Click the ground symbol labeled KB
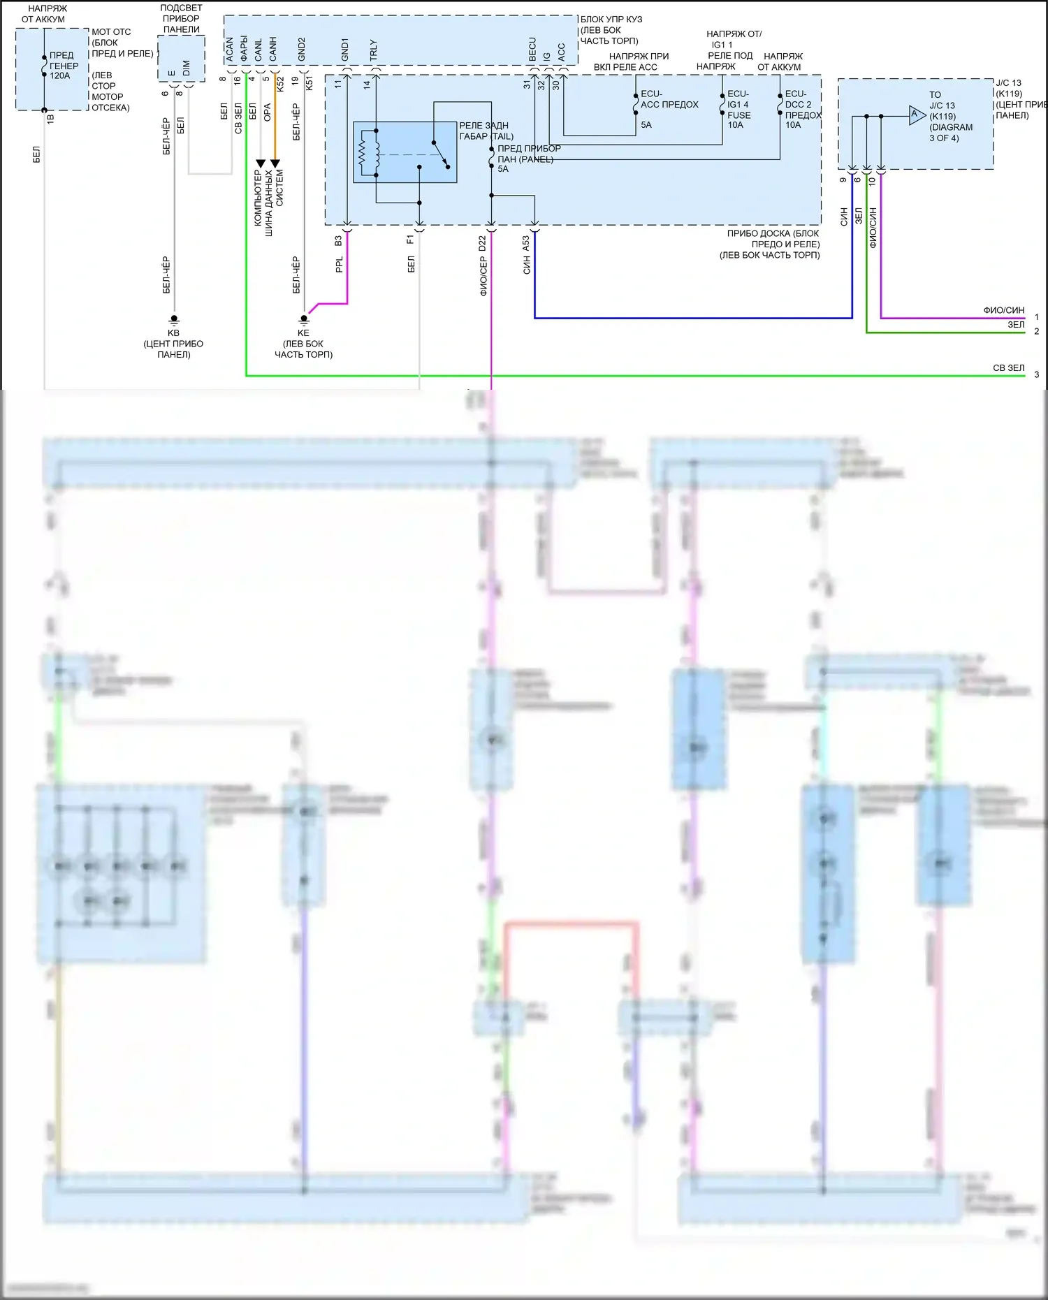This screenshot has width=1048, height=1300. pos(174,320)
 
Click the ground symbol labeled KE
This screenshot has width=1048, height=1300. pos(303,320)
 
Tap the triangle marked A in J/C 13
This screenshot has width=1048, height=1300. pos(916,115)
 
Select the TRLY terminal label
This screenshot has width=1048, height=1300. pos(373,50)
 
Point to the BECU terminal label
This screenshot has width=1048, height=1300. pos(532,49)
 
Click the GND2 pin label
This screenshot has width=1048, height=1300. pos(302,49)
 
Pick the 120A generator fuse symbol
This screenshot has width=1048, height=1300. pos(44,66)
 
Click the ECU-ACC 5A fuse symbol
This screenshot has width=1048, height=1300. pos(635,103)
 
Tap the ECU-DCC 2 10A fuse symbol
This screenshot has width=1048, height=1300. pos(780,103)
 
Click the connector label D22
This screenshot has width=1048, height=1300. pos(482,244)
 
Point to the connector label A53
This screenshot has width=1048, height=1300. pos(526,244)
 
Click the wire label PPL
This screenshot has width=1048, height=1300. pos(340,265)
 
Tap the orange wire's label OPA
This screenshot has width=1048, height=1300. pos(267,112)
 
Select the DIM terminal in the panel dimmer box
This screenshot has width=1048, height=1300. pos(186,68)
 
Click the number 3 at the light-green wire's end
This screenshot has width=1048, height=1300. pos(1036,374)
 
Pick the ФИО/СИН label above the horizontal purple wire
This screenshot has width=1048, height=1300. pos(1003,310)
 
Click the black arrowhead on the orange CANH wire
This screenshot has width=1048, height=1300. pos(275,163)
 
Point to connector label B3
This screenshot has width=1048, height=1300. pos(338,240)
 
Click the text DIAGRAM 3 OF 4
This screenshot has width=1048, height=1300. pos(949,133)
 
